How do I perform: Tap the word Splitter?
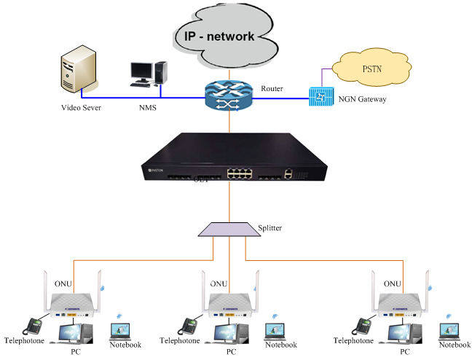tap(270, 228)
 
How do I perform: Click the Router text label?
tap(272, 89)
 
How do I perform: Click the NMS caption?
tap(148, 108)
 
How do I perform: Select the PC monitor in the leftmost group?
tap(73, 332)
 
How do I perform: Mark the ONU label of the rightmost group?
tap(392, 283)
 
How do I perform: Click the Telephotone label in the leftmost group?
tap(24, 340)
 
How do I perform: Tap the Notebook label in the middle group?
tap(280, 344)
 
